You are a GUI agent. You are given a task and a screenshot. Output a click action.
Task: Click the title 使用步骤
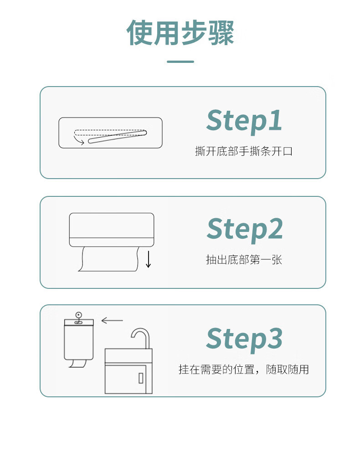pyautogui.click(x=180, y=32)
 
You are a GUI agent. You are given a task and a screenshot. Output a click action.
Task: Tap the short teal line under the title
pyautogui.click(x=180, y=62)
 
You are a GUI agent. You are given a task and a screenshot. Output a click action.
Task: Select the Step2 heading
pyautogui.click(x=244, y=229)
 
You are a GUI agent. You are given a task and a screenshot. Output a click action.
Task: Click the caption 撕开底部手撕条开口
pyautogui.click(x=244, y=151)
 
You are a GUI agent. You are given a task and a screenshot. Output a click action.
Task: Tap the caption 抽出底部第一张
pyautogui.click(x=244, y=260)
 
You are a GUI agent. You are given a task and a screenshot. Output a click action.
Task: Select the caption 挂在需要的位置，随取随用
pyautogui.click(x=244, y=369)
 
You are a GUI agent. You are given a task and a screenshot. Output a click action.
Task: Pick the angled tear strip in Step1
pyautogui.click(x=117, y=137)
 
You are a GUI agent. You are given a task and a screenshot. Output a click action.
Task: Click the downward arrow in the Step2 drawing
pyautogui.click(x=148, y=259)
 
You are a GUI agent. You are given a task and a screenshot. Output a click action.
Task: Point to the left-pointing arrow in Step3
pyautogui.click(x=112, y=320)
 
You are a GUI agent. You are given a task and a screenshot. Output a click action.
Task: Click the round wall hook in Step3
pyautogui.click(x=78, y=314)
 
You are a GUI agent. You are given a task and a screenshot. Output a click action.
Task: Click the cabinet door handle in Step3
pyautogui.click(x=141, y=378)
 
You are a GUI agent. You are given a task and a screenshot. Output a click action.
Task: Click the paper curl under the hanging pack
pyautogui.click(x=78, y=364)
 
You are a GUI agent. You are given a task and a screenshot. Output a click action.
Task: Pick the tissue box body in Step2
pyautogui.click(x=112, y=230)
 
